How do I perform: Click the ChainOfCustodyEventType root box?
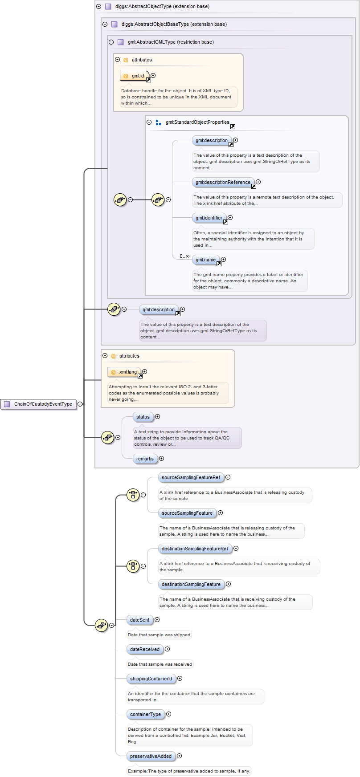click(38, 404)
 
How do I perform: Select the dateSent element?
click(140, 620)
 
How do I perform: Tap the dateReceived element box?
click(145, 649)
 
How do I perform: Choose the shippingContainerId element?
click(151, 679)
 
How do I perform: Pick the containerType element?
click(146, 714)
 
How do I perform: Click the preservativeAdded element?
click(151, 756)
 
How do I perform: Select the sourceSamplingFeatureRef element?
click(191, 477)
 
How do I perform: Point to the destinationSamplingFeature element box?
click(191, 584)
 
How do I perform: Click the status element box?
click(143, 417)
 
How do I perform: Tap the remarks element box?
click(145, 459)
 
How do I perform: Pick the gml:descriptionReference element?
click(223, 182)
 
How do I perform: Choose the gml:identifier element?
click(209, 218)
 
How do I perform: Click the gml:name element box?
click(205, 260)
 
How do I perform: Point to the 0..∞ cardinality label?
click(184, 256)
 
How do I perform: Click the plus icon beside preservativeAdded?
click(180, 756)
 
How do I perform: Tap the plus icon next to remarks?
click(162, 459)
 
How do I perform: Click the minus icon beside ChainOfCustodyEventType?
click(80, 404)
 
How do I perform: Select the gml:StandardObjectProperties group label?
click(197, 122)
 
